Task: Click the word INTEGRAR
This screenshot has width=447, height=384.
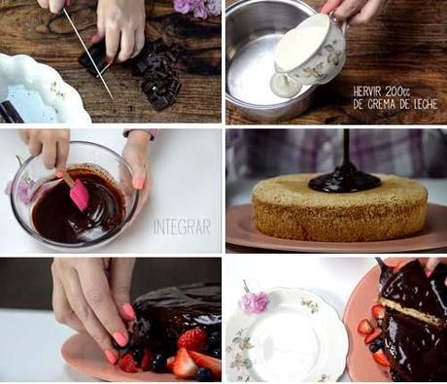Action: click(x=182, y=227)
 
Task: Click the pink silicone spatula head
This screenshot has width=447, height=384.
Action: click(x=79, y=194)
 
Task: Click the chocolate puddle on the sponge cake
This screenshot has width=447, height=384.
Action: click(x=345, y=183)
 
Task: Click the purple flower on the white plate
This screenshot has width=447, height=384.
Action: click(x=255, y=301)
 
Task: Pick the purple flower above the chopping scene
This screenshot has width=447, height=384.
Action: click(x=196, y=7)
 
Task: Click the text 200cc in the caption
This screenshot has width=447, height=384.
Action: click(x=398, y=91)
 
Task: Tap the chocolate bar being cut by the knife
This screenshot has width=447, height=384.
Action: click(x=95, y=60)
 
